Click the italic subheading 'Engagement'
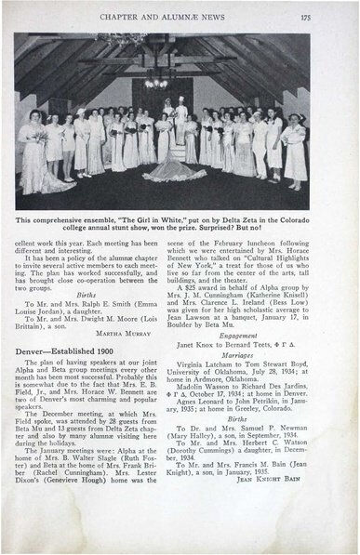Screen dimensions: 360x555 click(x=254, y=360)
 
